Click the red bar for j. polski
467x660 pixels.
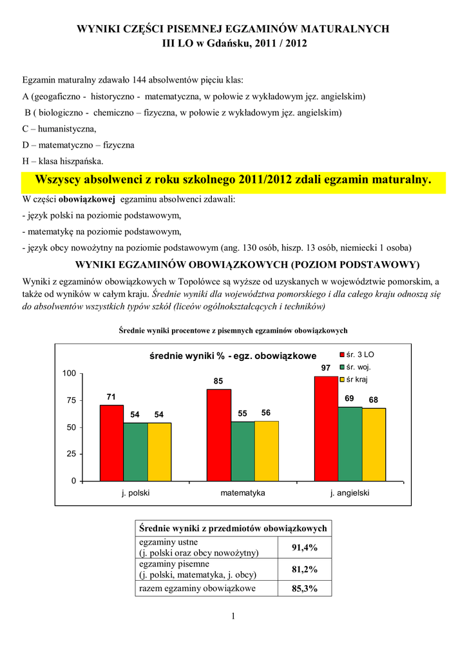point(111,443)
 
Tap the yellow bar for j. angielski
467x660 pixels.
point(374,445)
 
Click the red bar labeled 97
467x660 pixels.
point(326,429)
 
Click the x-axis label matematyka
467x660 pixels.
point(243,493)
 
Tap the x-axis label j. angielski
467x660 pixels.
point(350,493)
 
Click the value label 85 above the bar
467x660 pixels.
point(219,381)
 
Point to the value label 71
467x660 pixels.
point(111,397)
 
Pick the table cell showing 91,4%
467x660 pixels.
point(305,548)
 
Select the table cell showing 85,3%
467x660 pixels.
point(305,588)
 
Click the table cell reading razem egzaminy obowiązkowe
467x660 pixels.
point(198,588)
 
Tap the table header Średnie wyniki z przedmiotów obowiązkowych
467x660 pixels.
point(233,528)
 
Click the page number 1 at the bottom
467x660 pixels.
point(233,617)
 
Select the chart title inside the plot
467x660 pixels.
point(233,356)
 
